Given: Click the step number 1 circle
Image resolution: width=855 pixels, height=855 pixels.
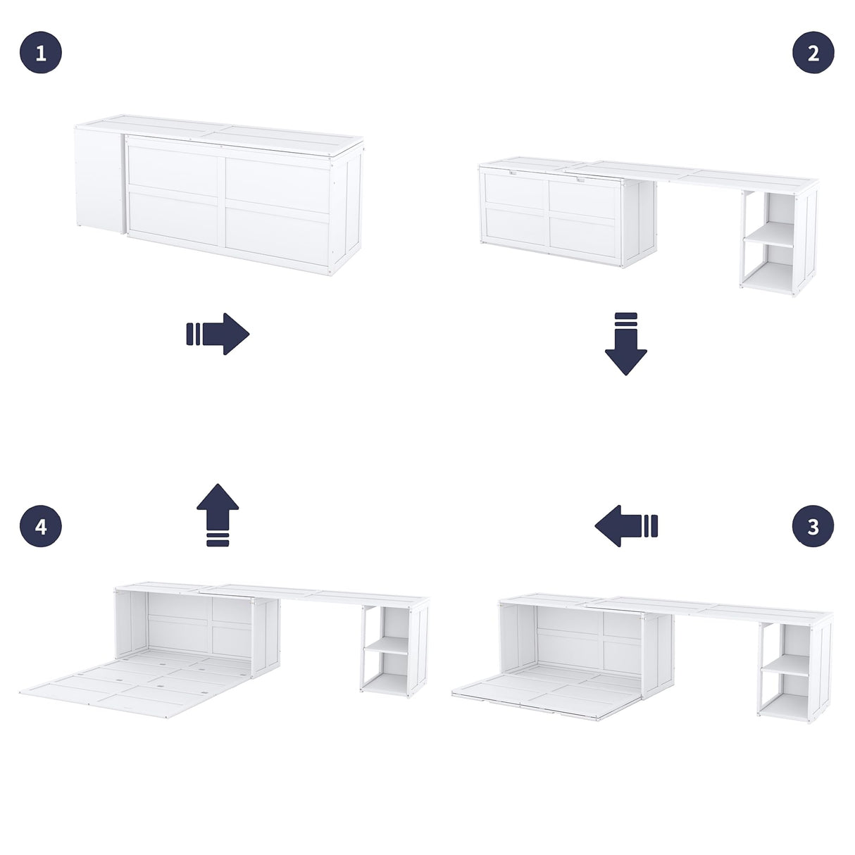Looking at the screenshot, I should tap(41, 53).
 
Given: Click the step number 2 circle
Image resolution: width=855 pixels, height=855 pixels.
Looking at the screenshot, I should tap(813, 53).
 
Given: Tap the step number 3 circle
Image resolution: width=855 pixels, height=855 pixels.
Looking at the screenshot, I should tap(813, 526).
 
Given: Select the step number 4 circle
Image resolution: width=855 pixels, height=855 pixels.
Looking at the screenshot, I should tap(41, 526).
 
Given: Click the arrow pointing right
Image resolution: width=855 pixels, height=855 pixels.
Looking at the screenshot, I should tap(218, 334).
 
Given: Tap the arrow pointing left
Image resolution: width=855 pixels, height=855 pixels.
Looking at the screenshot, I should tap(625, 526).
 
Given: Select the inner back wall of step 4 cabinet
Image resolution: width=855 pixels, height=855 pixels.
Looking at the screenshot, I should tap(197, 623).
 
